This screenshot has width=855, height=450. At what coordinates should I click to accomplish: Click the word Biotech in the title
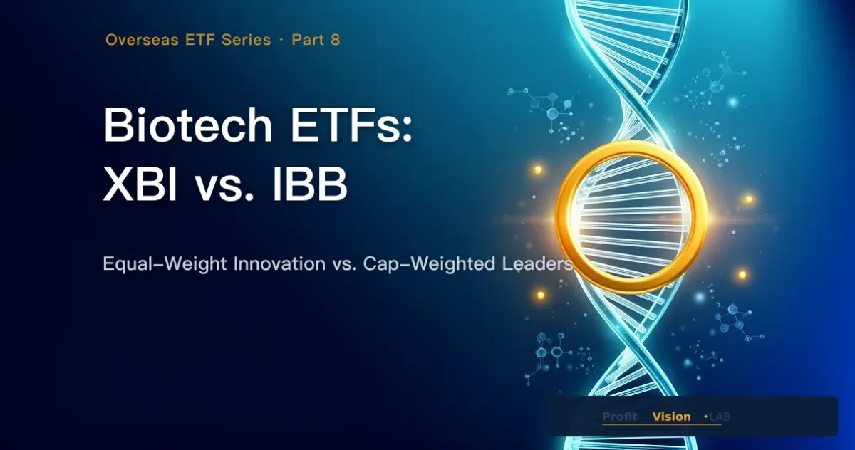coord(188,125)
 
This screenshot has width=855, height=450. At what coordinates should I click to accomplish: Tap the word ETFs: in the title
coord(351,125)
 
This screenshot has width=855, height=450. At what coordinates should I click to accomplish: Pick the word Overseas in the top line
coord(142,40)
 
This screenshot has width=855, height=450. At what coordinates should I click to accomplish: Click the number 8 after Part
coord(336,40)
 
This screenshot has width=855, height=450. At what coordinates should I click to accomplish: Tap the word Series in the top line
coord(247,40)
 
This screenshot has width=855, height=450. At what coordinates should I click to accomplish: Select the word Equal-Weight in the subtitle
coord(165,264)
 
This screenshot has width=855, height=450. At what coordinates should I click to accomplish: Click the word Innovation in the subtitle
coord(279,263)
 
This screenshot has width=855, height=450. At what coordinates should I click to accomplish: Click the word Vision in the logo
coord(671,417)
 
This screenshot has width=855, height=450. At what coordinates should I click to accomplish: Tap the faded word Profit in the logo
coord(620,417)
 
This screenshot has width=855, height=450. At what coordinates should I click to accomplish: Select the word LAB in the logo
coord(720,417)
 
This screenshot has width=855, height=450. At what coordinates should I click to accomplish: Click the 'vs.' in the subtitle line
coord(344,265)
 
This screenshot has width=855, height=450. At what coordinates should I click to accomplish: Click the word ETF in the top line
coord(200,40)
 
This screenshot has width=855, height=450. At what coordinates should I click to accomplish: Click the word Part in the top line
coord(308,40)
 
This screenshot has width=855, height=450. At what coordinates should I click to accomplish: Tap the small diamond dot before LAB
coord(706,417)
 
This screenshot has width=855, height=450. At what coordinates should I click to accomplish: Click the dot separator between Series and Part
coord(281,40)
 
